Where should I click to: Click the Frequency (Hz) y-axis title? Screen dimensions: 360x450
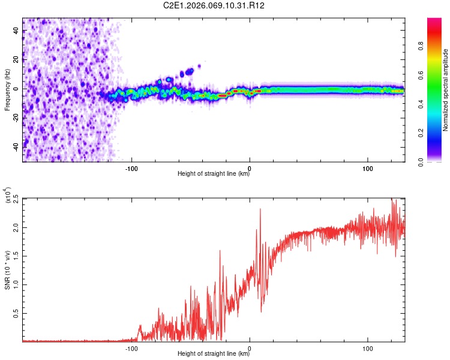pyautogui.click(x=7, y=90)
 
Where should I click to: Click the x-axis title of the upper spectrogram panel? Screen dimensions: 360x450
pyautogui.click(x=214, y=174)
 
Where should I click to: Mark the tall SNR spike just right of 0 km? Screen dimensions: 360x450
pyautogui.click(x=260, y=210)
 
